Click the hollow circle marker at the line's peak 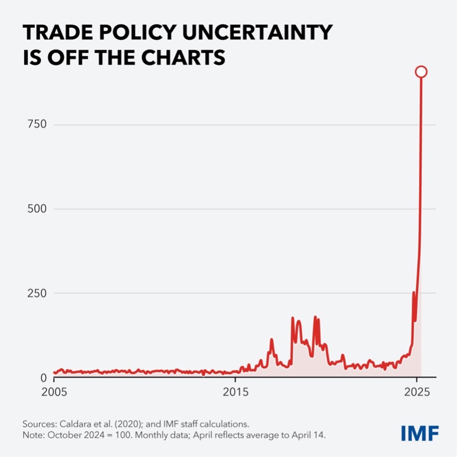pyautogui.click(x=421, y=72)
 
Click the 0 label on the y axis pyautogui.click(x=44, y=378)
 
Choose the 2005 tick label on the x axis pyautogui.click(x=54, y=391)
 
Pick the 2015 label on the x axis pyautogui.click(x=236, y=391)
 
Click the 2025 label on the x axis pyautogui.click(x=417, y=391)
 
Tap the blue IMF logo pyautogui.click(x=420, y=433)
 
